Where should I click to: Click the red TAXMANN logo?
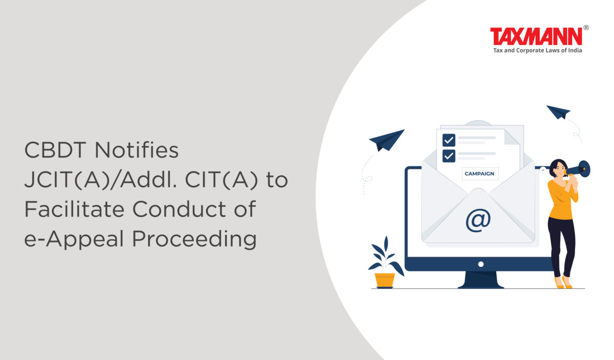coord(536,36)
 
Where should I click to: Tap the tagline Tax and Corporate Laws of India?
coord(538,51)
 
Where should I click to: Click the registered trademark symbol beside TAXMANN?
coord(586,28)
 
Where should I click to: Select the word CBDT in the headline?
coord(55,150)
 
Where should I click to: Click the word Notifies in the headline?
coord(137,150)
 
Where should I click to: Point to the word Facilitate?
coord(75,209)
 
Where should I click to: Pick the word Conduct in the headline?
coord(179,209)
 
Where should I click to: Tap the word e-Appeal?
coord(74,239)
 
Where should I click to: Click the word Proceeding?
coord(194,239)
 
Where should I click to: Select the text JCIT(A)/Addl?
coord(101,179)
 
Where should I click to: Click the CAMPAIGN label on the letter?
coord(479,174)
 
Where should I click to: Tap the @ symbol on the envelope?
coord(478,220)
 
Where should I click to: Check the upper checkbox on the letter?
coord(449,141)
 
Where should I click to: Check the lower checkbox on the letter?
coord(449,156)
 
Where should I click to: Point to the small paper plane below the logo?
coord(558,112)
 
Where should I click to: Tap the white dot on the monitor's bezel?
coord(481,264)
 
